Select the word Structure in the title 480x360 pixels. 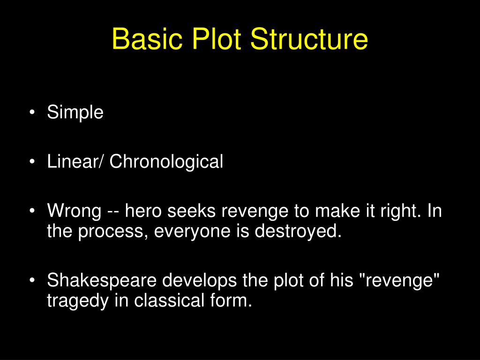(x=309, y=39)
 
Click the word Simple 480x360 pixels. (x=75, y=113)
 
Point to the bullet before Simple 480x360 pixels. (x=31, y=113)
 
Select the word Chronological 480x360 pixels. (x=167, y=162)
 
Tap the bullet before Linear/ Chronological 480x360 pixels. (x=31, y=162)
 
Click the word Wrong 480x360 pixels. (x=74, y=211)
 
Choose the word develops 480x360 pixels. (x=200, y=281)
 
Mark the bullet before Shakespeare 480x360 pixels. (x=31, y=281)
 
